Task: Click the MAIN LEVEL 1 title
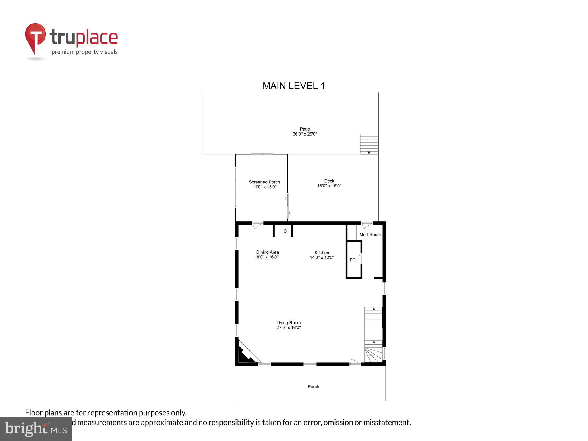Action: (x=293, y=86)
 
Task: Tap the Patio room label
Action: (x=305, y=129)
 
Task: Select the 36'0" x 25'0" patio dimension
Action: (x=305, y=134)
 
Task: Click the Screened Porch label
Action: (x=264, y=182)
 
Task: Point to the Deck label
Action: (x=329, y=181)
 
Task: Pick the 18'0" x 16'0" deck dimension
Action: (x=329, y=186)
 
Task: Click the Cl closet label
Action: (x=285, y=231)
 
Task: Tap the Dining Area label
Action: (x=268, y=252)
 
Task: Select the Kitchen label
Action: (x=322, y=253)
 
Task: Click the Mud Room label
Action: (x=370, y=235)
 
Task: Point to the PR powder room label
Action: (x=353, y=260)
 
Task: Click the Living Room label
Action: (x=289, y=323)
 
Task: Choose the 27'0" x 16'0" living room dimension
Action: (x=289, y=328)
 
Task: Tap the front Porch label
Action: (x=314, y=387)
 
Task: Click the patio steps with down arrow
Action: (x=369, y=144)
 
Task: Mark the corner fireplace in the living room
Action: (x=245, y=355)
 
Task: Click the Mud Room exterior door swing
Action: (x=367, y=225)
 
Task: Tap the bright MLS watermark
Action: (x=36, y=429)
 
